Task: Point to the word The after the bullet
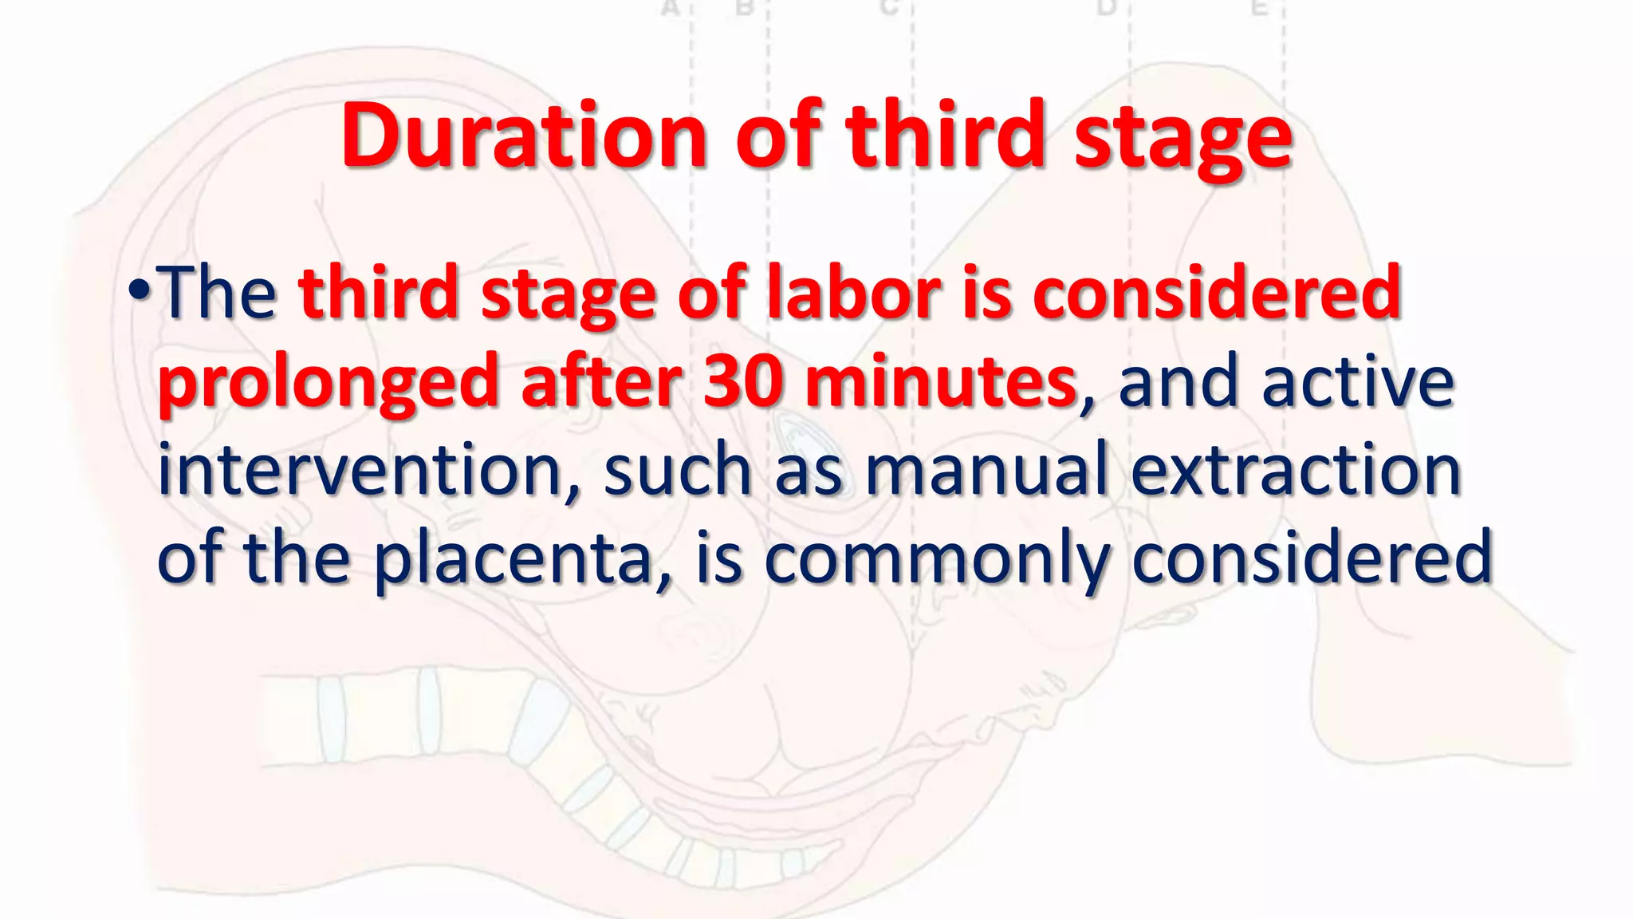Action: (218, 294)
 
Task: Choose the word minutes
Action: (941, 383)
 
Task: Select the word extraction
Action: (1296, 471)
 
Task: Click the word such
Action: (677, 471)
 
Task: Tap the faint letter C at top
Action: (889, 8)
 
